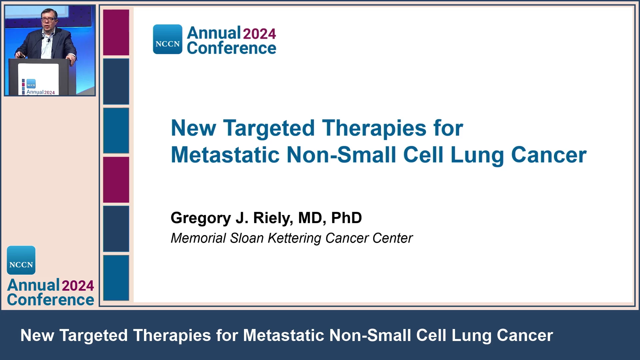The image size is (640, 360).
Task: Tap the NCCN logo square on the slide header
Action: [x=168, y=39]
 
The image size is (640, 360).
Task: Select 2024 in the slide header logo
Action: [x=259, y=34]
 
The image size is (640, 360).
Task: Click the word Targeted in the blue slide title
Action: [x=269, y=128]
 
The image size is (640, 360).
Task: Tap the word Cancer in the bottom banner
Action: [x=525, y=335]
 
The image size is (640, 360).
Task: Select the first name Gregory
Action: [x=201, y=218]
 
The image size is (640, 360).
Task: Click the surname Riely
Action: [x=273, y=218]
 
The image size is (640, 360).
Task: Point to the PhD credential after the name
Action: [x=346, y=218]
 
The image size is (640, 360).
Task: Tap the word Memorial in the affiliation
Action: [x=199, y=238]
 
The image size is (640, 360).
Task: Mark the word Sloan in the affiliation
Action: [x=247, y=238]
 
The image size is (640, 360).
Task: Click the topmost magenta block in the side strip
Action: [x=116, y=32]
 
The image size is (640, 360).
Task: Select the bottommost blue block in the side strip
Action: [x=116, y=278]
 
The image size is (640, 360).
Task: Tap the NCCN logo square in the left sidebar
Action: [x=21, y=260]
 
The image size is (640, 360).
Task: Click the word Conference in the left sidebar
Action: [x=51, y=300]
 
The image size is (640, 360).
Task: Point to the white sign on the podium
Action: [x=38, y=79]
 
